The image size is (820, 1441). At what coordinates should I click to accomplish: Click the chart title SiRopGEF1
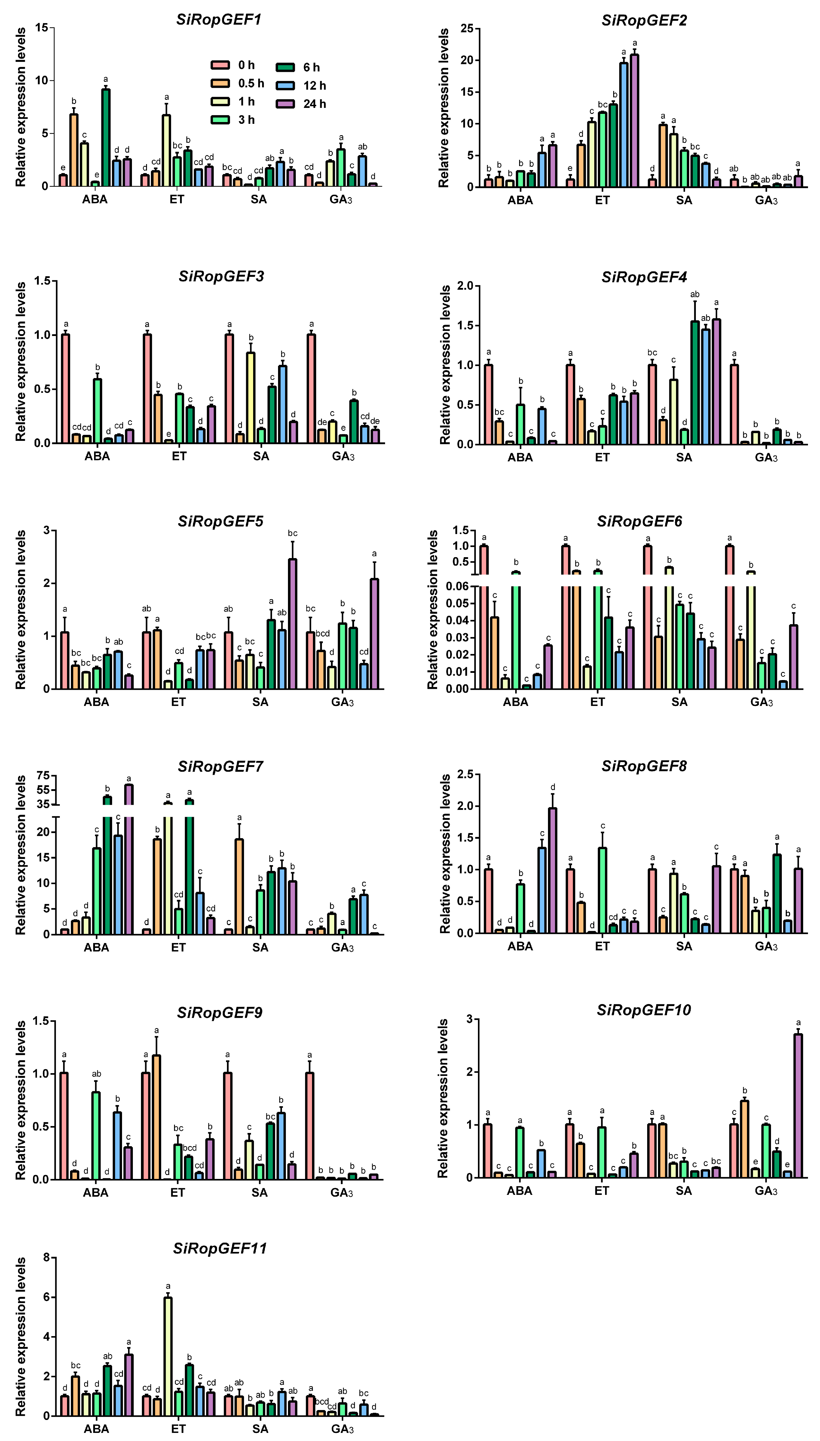click(219, 20)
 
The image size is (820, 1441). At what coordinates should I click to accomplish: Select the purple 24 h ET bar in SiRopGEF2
click(635, 121)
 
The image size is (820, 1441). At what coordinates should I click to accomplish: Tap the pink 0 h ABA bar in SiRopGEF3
click(66, 388)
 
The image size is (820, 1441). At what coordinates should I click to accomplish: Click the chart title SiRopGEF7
click(220, 767)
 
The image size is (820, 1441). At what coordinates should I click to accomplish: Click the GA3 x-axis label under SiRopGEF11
click(342, 1429)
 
